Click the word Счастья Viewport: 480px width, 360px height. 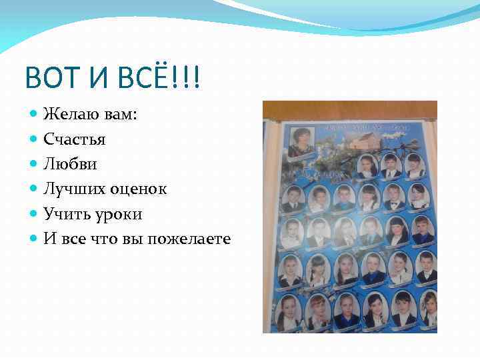75,139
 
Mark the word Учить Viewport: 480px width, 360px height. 65,213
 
